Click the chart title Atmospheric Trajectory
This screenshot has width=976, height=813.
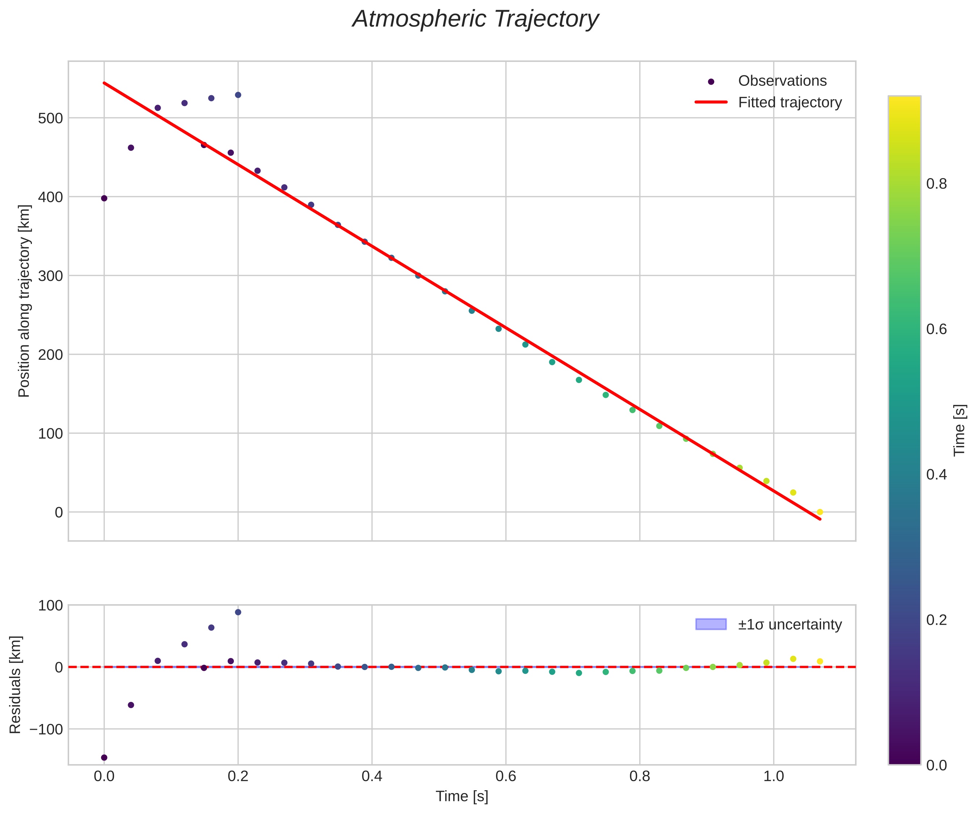pos(475,20)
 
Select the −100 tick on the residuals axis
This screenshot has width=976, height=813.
pos(46,729)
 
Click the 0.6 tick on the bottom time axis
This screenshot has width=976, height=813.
pos(506,776)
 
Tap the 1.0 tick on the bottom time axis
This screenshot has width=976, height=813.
pos(773,776)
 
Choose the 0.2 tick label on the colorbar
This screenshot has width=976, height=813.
pos(936,620)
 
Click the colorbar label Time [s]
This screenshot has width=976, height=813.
pos(960,430)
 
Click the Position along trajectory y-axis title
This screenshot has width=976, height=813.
pos(24,301)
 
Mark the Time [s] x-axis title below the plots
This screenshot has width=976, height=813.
pos(462,796)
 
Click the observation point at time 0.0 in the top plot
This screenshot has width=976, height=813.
pos(104,198)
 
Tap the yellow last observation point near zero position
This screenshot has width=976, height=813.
pos(820,512)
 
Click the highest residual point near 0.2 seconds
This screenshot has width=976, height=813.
pos(238,612)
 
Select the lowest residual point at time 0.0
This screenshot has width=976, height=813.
pos(104,757)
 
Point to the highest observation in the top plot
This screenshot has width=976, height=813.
pos(238,95)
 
